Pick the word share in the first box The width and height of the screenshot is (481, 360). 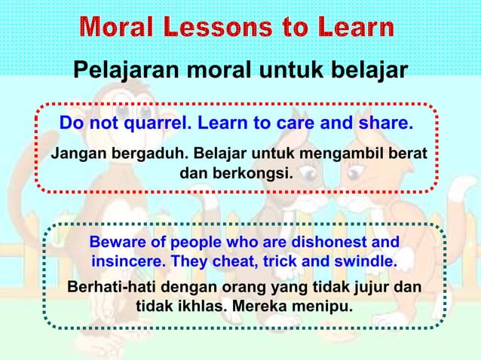(x=385, y=123)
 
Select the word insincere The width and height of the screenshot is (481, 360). (x=127, y=263)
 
